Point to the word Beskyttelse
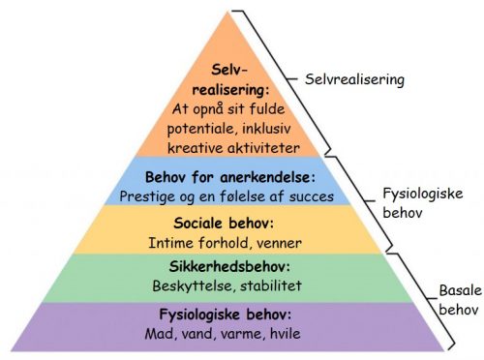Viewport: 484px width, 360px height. pyautogui.click(x=189, y=285)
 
